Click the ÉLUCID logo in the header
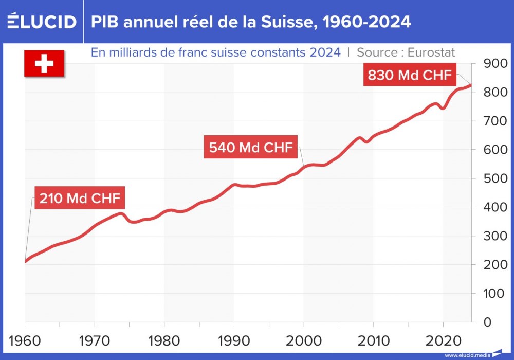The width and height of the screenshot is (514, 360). pos(42,22)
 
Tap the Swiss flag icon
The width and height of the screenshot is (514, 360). pos(44,64)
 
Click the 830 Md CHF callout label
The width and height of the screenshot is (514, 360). pos(410,76)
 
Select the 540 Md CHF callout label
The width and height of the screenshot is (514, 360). pos(251,148)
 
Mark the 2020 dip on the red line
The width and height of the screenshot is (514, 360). pos(443,109)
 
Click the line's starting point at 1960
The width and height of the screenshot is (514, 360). pos(25,261)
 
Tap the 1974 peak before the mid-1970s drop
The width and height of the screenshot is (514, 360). pos(122,213)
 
